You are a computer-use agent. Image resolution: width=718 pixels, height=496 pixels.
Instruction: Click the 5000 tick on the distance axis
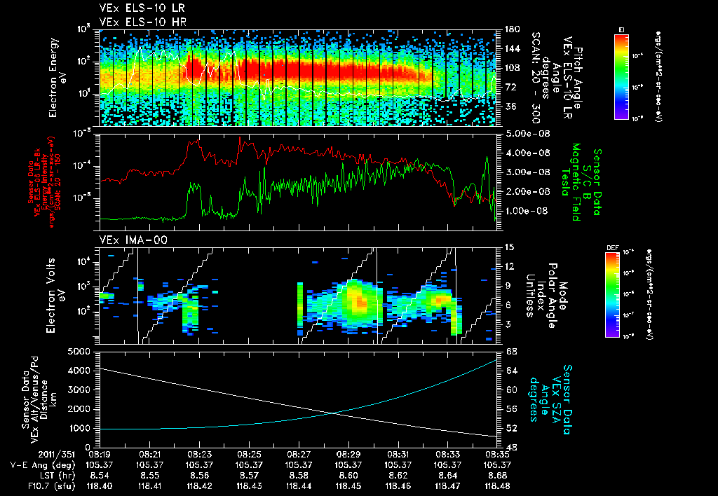point(83,351)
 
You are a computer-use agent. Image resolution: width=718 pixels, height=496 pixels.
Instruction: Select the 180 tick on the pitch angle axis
point(510,29)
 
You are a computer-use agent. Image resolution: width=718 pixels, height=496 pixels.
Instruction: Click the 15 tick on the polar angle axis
point(508,247)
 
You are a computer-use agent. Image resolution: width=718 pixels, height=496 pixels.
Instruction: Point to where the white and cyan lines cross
point(334,413)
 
